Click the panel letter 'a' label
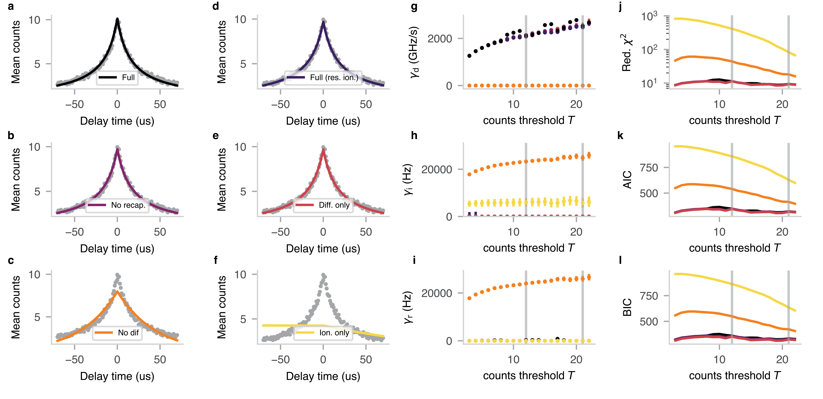point(11,6)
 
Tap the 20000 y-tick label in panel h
point(436,169)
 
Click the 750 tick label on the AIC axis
point(649,168)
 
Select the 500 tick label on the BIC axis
point(649,321)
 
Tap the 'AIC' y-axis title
point(628,180)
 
